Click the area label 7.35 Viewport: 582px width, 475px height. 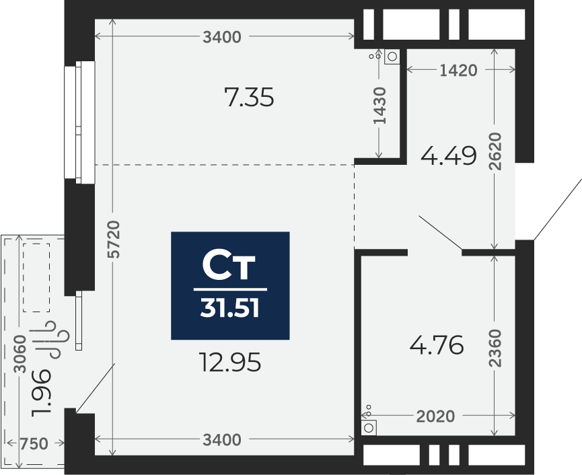pyautogui.click(x=249, y=98)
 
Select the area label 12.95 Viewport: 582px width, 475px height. pyautogui.click(x=230, y=363)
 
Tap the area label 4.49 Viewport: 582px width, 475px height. pyautogui.click(x=448, y=156)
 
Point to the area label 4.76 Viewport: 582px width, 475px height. pyautogui.click(x=437, y=346)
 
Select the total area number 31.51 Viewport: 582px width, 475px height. pyautogui.click(x=230, y=309)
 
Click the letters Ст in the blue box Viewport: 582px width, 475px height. pyautogui.click(x=229, y=266)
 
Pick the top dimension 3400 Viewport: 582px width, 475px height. pyautogui.click(x=222, y=38)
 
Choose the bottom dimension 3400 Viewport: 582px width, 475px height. pyautogui.click(x=222, y=440)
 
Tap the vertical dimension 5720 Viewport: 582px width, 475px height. pyautogui.click(x=114, y=239)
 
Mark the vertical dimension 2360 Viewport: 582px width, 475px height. pyautogui.click(x=495, y=347)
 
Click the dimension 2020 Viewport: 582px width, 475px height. pyautogui.click(x=435, y=416)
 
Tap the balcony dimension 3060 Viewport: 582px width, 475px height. pyautogui.click(x=20, y=355)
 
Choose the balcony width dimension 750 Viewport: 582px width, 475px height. pyautogui.click(x=34, y=443)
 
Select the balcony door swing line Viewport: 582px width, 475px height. pyautogui.click(x=96, y=388)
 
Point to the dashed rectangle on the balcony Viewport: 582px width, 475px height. pyautogui.click(x=36, y=277)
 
